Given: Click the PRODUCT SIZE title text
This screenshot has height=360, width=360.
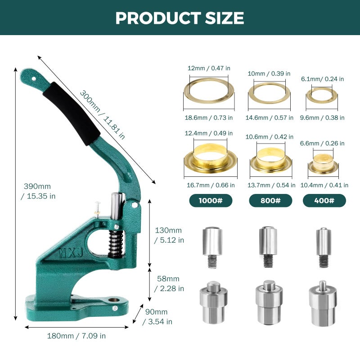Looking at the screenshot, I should (x=180, y=18).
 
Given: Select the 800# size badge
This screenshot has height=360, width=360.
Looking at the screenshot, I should (x=270, y=200).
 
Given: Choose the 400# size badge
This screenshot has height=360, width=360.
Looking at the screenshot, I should (x=324, y=200).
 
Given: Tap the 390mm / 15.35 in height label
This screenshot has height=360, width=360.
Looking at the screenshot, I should (x=38, y=191).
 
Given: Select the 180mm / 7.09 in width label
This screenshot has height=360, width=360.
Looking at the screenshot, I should (x=76, y=336).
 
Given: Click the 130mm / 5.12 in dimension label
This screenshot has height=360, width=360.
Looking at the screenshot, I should (x=169, y=235).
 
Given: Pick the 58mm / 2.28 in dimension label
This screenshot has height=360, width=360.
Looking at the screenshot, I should (x=169, y=283).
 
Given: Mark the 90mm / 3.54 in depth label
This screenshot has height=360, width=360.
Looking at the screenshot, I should (x=157, y=317).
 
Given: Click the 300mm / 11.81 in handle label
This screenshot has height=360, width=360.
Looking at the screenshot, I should (x=103, y=114).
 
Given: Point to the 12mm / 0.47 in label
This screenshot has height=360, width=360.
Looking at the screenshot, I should (x=209, y=68).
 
